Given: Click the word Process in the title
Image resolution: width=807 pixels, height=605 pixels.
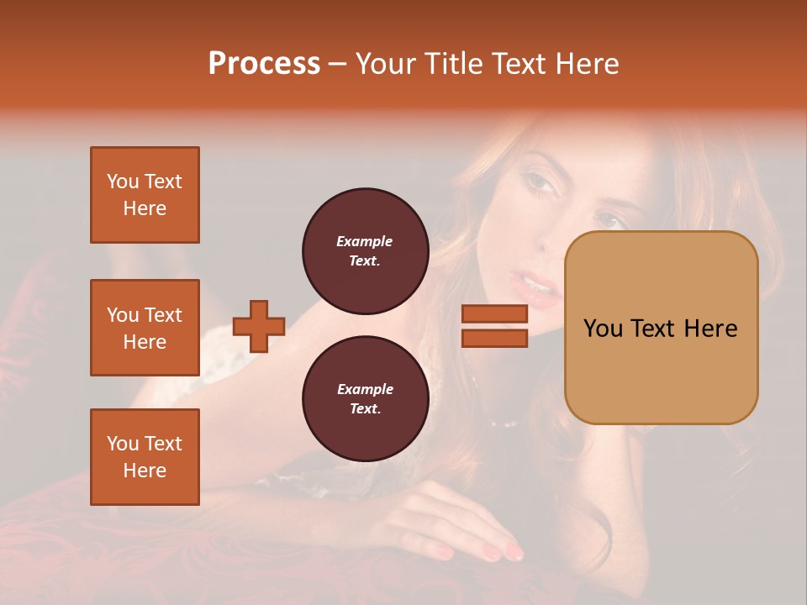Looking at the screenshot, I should pos(264,64).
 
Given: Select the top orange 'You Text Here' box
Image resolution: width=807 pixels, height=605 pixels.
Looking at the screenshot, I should pos(145,195).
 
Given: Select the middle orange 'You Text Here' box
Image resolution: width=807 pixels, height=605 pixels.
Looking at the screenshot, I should pos(145,328).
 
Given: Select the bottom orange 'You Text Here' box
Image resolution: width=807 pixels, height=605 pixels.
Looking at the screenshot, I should pos(145,456).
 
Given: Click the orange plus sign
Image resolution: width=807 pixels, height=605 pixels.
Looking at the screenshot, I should pos(258,326).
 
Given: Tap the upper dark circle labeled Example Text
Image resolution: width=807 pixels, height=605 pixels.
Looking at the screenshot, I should pos(365,250).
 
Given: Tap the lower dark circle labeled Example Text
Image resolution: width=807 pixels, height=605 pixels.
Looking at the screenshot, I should pos(365,398).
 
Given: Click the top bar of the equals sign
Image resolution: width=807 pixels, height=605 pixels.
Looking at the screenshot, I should pos(494,313).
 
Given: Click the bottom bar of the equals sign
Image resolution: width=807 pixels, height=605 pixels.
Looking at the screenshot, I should pos(494,338).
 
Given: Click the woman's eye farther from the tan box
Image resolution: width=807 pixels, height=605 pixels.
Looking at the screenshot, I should pos(537,181).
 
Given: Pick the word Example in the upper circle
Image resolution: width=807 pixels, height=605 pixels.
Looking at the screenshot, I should pos(365,241).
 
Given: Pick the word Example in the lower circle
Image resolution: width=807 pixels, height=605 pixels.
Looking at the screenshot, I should pos(365,389).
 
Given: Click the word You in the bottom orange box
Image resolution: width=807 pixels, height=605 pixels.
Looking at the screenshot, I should pos(122,444).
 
